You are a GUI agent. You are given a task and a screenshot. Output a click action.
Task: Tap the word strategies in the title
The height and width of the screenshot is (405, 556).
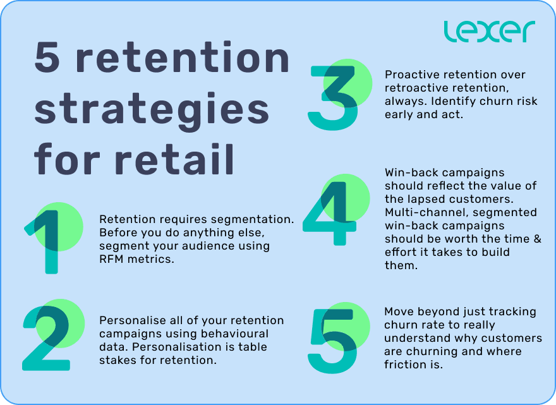point(152,109)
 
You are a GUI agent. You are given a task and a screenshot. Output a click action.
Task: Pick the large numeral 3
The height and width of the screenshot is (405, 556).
point(333,98)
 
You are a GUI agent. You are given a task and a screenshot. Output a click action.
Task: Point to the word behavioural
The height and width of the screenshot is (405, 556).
point(235,334)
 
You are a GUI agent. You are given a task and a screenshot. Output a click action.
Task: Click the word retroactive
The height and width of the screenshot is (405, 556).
point(416,88)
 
